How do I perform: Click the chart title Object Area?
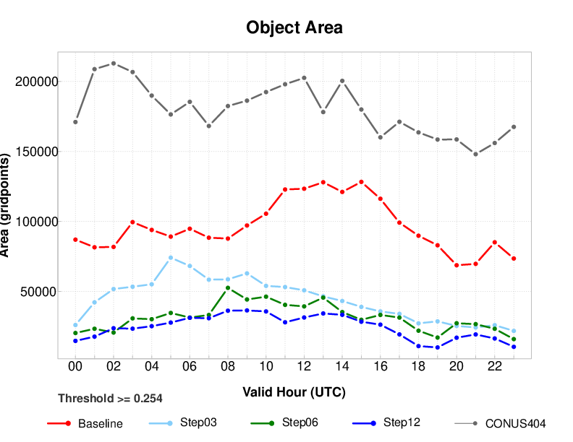[294, 27]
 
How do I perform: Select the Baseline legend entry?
[101, 423]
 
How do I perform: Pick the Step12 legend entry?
[402, 422]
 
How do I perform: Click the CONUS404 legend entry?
[514, 423]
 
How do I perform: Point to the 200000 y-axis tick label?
[36, 82]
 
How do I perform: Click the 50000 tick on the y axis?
[39, 292]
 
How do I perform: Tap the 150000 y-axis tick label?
[36, 152]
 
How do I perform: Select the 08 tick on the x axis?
[228, 367]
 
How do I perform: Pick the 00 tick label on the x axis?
[75, 367]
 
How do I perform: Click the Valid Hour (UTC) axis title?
[294, 393]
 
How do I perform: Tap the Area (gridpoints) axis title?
[7, 205]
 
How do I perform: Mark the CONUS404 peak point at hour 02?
[114, 63]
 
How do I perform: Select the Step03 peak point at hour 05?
[171, 257]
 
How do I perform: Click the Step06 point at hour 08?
[228, 287]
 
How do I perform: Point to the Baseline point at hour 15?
[361, 181]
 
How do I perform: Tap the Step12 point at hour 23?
[514, 347]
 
